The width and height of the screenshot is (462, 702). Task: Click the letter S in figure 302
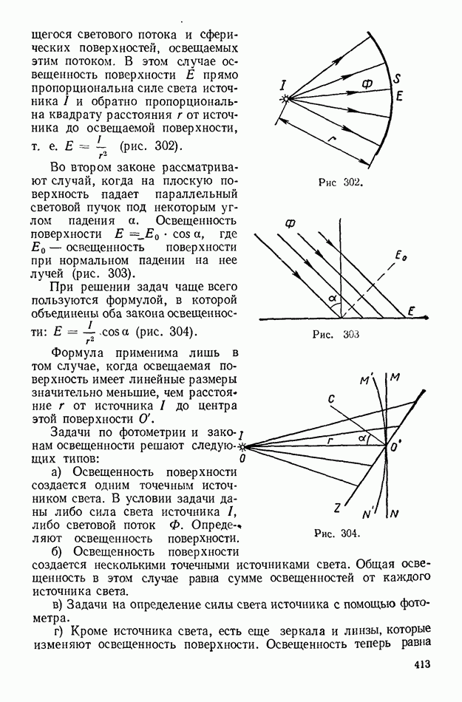397,79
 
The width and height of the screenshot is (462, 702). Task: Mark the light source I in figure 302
283,87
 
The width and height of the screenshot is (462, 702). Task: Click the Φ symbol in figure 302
367,84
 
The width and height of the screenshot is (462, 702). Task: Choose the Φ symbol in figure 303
288,222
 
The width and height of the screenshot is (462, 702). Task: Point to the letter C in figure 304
332,399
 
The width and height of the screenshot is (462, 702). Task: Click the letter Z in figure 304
337,508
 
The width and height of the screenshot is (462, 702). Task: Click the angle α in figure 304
361,438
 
